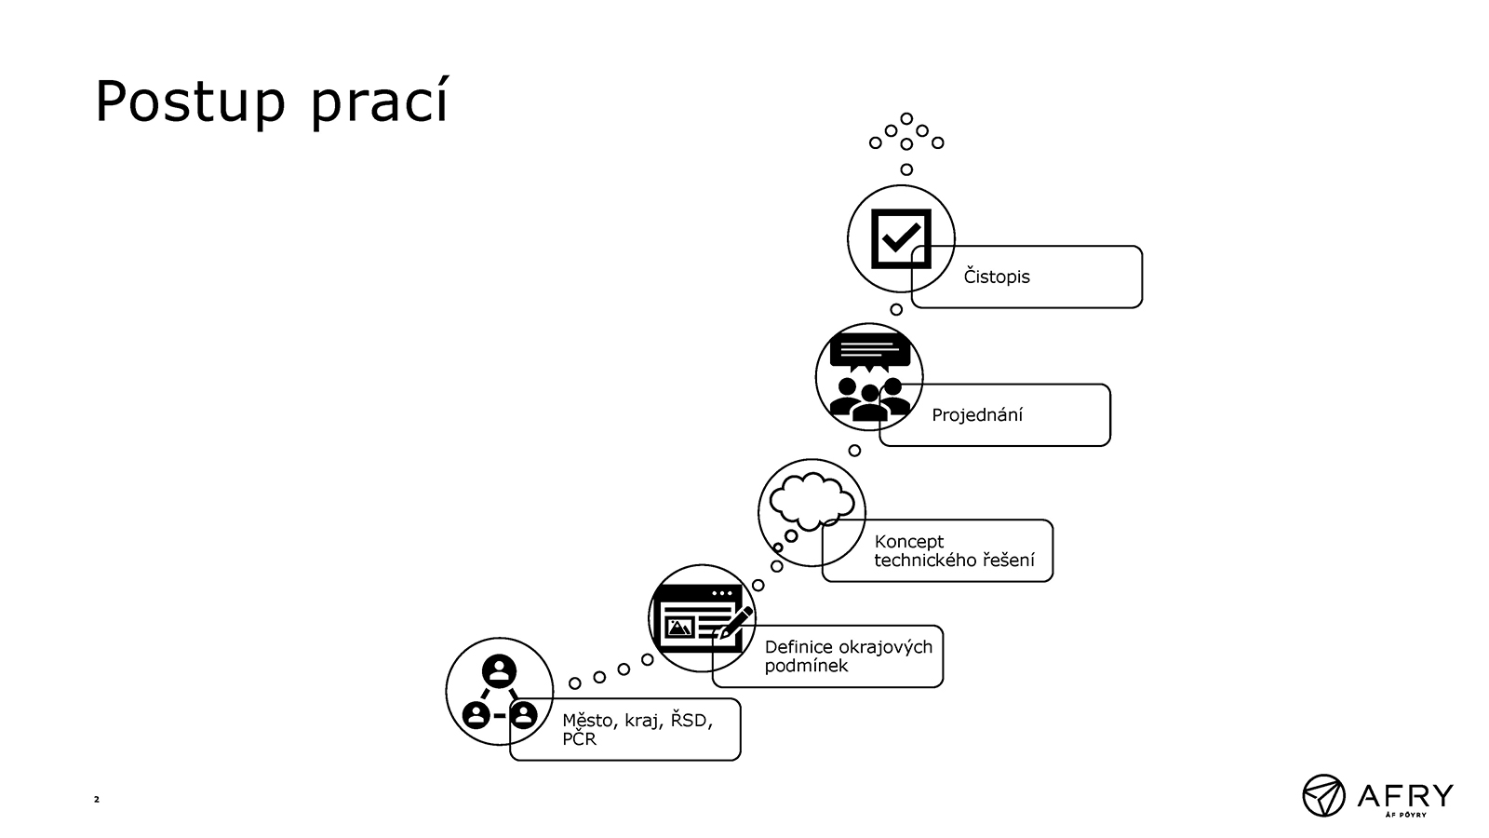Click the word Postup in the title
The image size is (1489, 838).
tap(191, 101)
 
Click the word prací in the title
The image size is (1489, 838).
tap(381, 101)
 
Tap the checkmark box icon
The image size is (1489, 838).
tap(901, 238)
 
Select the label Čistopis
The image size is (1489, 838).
tap(997, 276)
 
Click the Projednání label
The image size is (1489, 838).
tap(977, 414)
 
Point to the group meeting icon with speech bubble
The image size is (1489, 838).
tap(869, 377)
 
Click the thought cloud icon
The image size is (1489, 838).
tap(811, 502)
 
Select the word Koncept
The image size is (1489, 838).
tap(908, 541)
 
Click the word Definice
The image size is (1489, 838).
tap(799, 646)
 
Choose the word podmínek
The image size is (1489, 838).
tap(806, 667)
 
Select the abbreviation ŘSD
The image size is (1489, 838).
tap(689, 720)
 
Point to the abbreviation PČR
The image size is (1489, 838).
tap(579, 739)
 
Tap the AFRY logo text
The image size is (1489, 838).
tap(1405, 796)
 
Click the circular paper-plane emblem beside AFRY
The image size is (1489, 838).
tap(1323, 795)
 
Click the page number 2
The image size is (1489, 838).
tap(97, 800)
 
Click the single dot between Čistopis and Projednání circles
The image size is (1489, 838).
tap(896, 309)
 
